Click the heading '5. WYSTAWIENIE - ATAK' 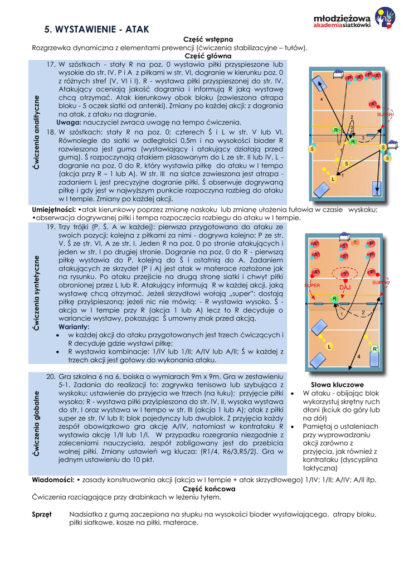point(96,29)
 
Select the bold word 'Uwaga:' point(69,122)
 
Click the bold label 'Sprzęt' point(42,514)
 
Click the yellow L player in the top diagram point(333,180)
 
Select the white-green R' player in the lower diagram point(375,349)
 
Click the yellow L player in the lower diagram point(330,347)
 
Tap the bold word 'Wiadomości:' point(53,480)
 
